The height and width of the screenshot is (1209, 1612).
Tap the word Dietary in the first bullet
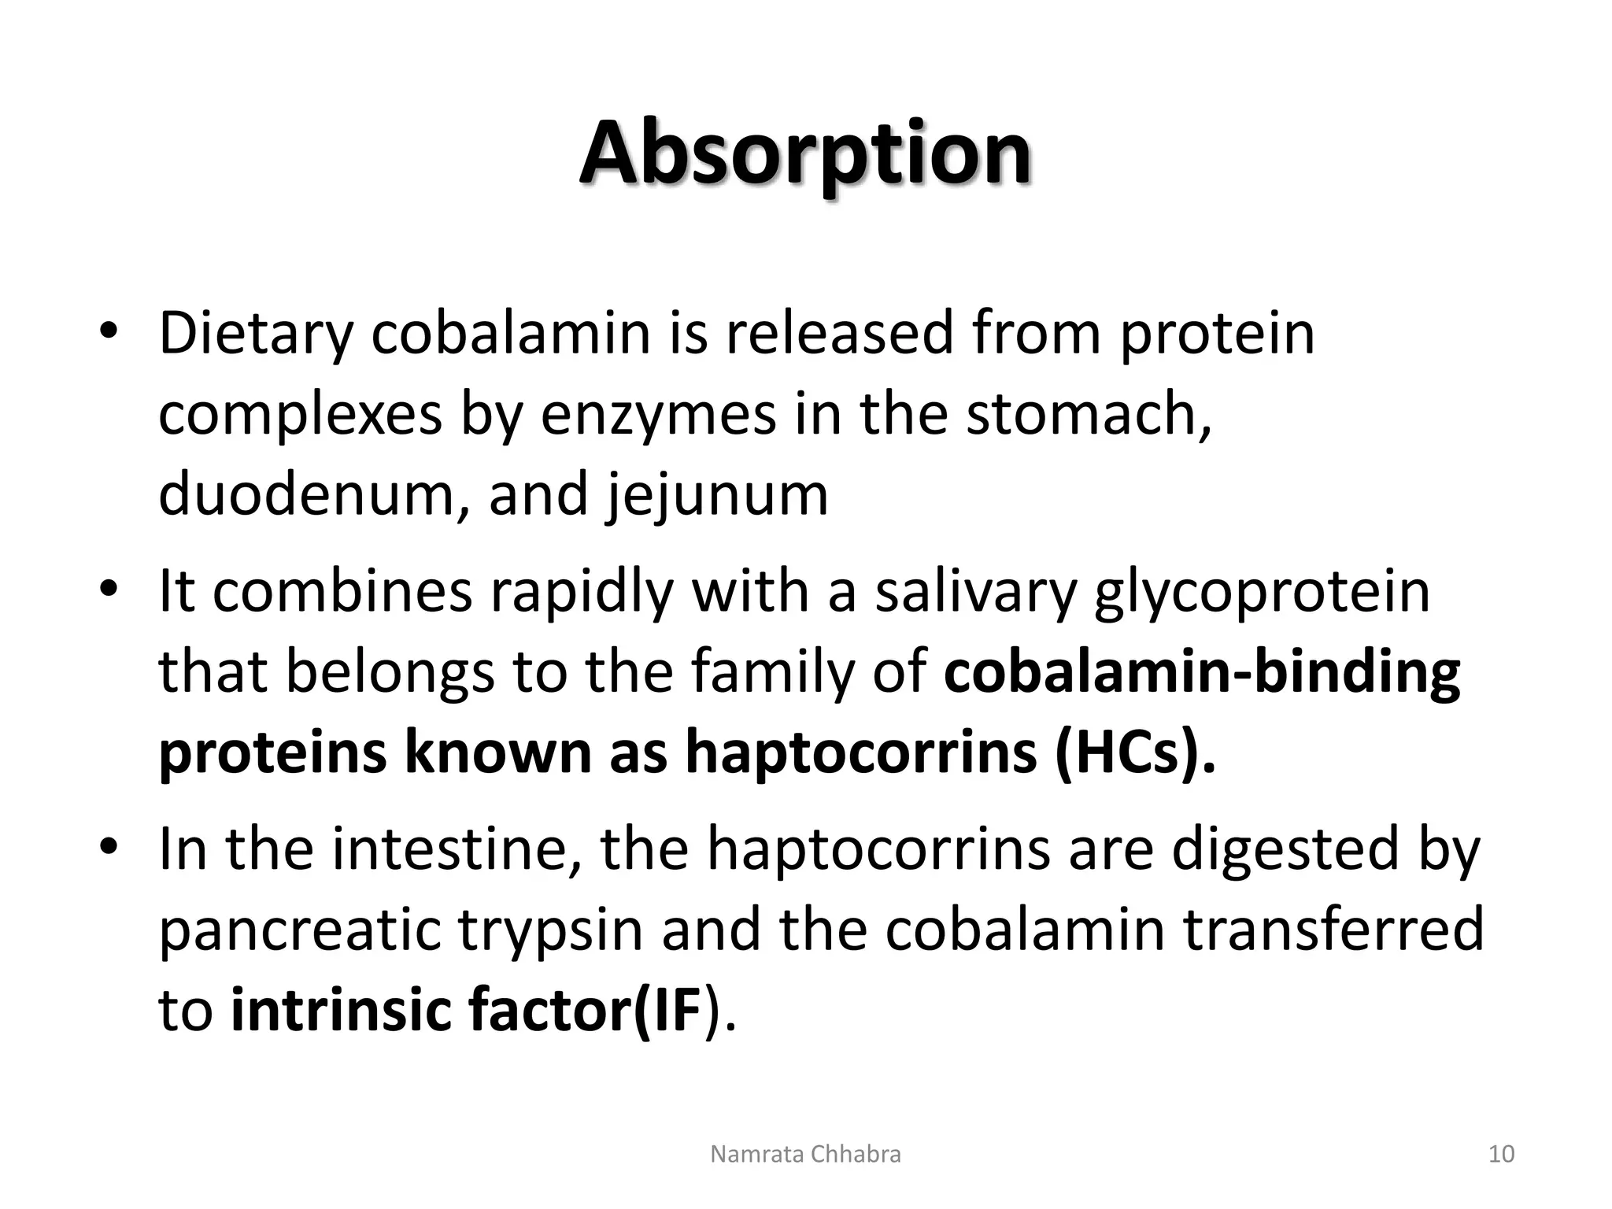click(255, 335)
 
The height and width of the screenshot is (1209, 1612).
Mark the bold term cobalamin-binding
click(1201, 673)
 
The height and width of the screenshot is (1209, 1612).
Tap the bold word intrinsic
click(338, 1011)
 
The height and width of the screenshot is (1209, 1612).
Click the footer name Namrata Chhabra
click(805, 1155)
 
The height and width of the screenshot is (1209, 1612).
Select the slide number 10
click(1502, 1155)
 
